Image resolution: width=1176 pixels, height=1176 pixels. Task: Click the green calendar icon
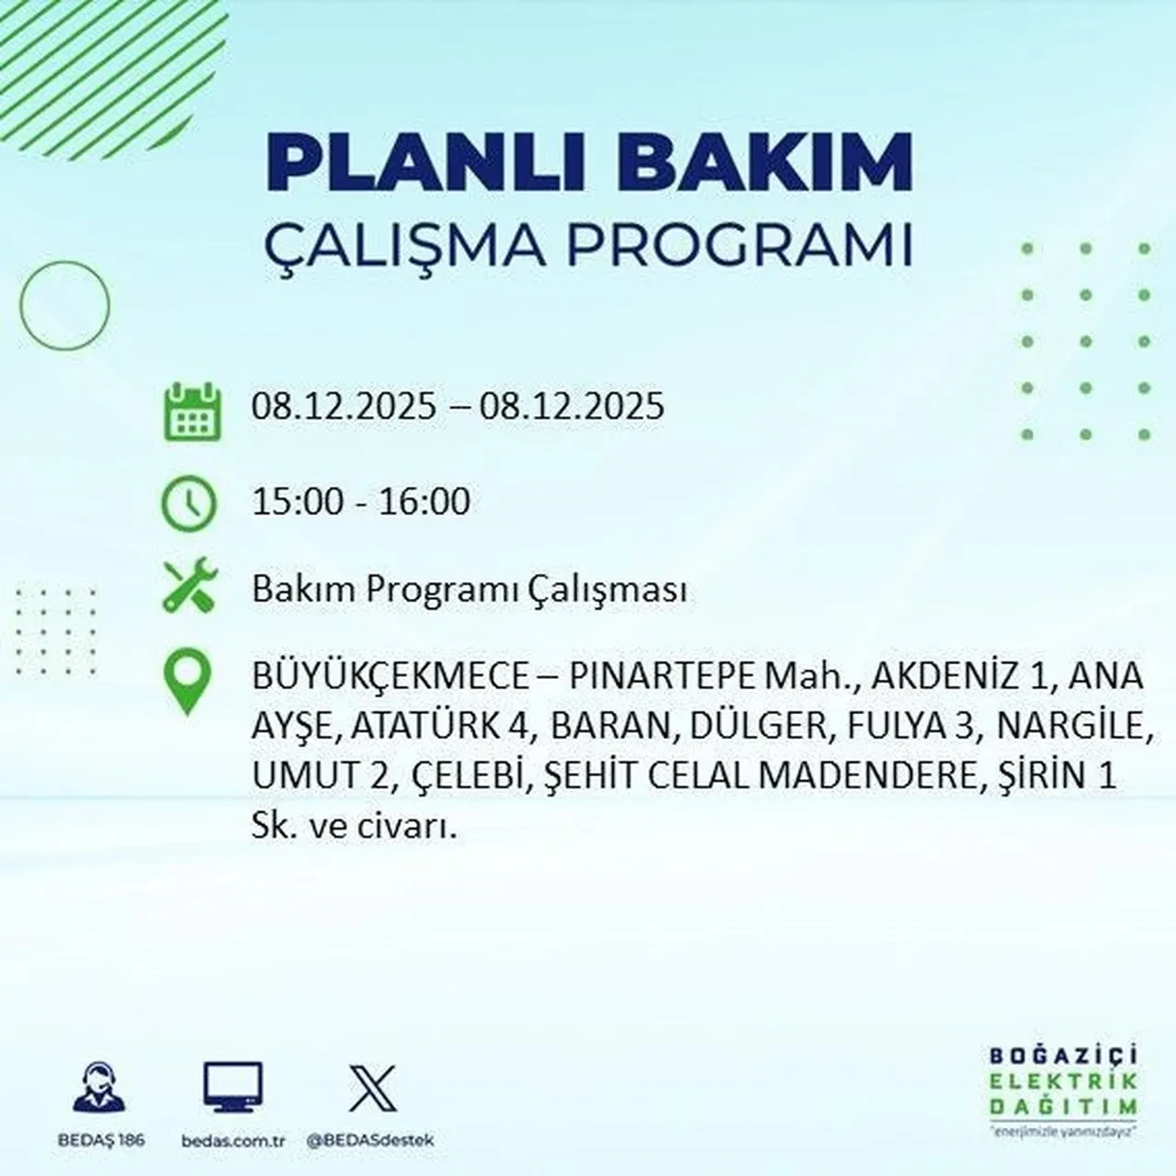coord(192,412)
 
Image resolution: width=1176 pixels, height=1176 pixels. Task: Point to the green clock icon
coord(189,503)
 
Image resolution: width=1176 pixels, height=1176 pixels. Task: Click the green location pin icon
coord(187,682)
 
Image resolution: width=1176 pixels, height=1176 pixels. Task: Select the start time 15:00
coord(295,502)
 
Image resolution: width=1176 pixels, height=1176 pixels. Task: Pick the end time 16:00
coord(426,502)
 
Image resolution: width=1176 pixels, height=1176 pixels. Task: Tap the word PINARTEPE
coord(661,677)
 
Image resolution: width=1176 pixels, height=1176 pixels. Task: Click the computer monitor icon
coord(232,1089)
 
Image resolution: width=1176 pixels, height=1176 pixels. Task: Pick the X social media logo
coord(372,1089)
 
